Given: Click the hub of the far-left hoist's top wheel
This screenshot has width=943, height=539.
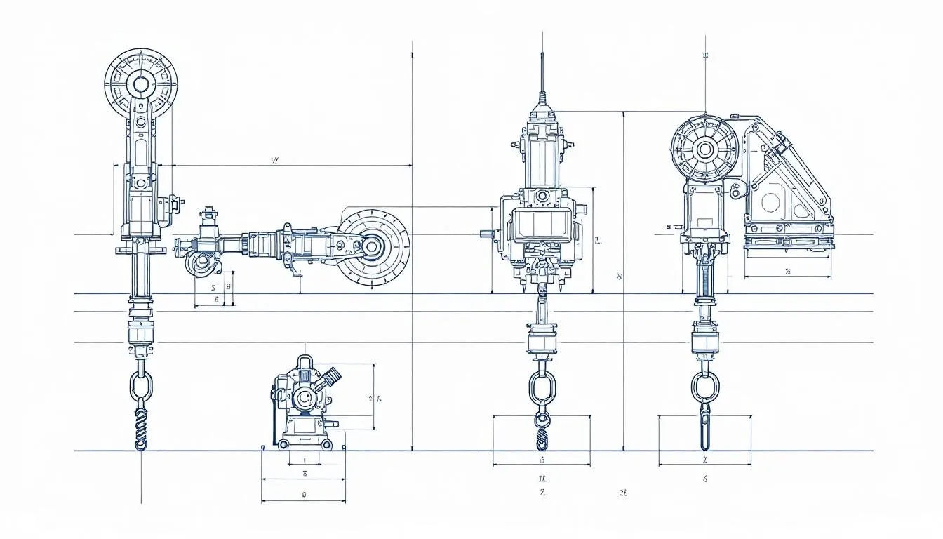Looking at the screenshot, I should coord(141,84).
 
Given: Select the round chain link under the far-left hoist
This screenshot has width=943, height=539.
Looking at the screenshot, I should coord(140,386).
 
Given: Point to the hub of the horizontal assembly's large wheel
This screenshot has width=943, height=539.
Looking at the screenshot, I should coord(371,246).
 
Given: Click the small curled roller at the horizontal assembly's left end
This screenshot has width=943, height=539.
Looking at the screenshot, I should coord(202,262).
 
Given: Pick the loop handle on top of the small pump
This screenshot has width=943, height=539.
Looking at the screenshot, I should coord(304,363).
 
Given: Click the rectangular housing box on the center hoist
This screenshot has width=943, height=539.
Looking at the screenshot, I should coord(540,225).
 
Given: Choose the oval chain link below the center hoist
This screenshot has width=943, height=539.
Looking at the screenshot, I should coord(541,387).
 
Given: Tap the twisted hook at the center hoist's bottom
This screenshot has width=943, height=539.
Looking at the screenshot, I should coord(541,432).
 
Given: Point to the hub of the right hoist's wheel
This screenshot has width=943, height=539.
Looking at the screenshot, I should coord(704,149).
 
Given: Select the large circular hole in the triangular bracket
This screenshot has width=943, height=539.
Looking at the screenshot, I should coord(770,203).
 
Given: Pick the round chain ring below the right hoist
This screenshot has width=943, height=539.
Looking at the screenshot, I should coord(704,385).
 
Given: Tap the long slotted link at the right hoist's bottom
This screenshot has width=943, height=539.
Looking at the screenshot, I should coord(704,427).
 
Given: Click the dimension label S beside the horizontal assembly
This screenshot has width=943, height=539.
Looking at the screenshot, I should coord(213,287).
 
